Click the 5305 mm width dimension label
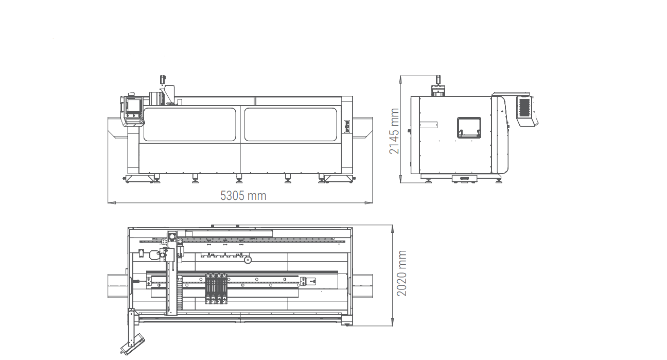click(243, 196)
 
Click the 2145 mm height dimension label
click(394, 131)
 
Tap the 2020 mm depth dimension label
click(401, 273)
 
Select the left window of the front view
click(190, 124)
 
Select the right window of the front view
click(291, 124)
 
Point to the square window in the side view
click(469, 128)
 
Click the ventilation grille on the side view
click(524, 107)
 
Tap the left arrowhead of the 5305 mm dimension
click(111, 203)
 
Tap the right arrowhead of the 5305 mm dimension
click(368, 203)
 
